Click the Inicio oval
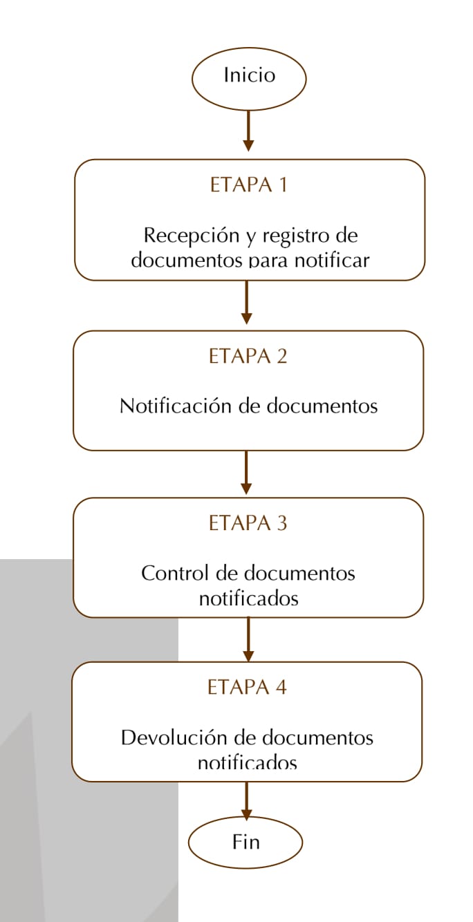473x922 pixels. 249,79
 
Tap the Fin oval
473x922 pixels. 245,843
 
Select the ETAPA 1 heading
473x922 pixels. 248,185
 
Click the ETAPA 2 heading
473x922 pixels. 248,356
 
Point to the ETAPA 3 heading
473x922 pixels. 248,523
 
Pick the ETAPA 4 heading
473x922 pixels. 247,687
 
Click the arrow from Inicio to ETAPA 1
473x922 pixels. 248,131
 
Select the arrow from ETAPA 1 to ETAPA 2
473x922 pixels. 247,302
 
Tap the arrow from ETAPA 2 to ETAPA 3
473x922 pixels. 246,472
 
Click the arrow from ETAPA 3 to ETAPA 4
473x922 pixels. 249,639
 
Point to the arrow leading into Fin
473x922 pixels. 247,800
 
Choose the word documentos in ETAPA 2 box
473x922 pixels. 322,406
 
